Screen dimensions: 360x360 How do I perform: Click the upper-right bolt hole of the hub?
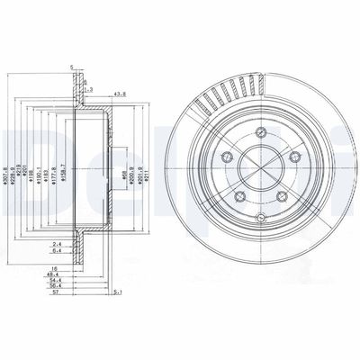(x=295, y=162)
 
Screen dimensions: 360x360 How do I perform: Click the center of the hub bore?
(x=261, y=174)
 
